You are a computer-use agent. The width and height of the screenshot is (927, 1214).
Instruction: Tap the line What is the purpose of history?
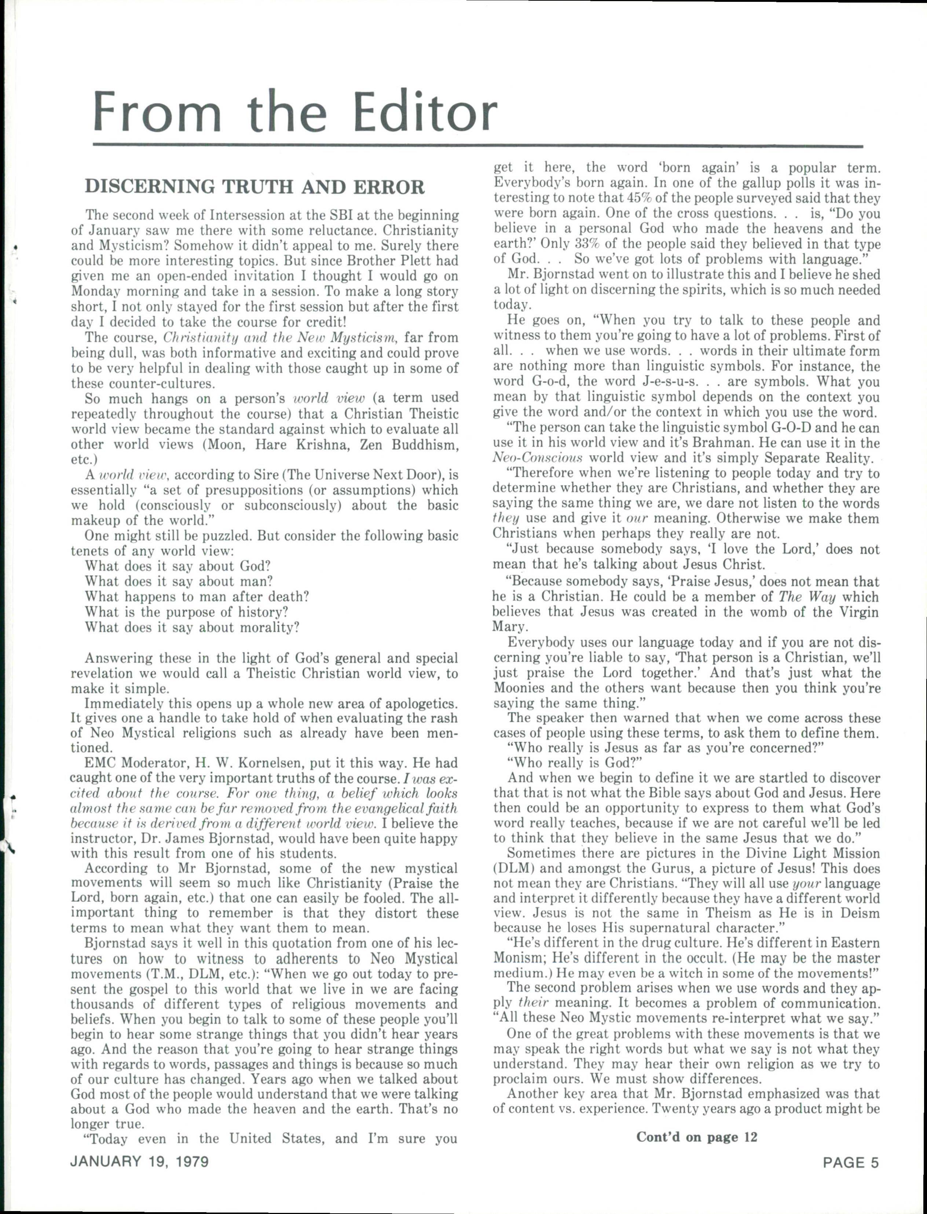(187, 612)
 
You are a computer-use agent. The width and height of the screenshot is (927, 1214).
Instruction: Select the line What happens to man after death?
(197, 597)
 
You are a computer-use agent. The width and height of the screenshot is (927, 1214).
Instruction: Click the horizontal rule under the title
(477, 146)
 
